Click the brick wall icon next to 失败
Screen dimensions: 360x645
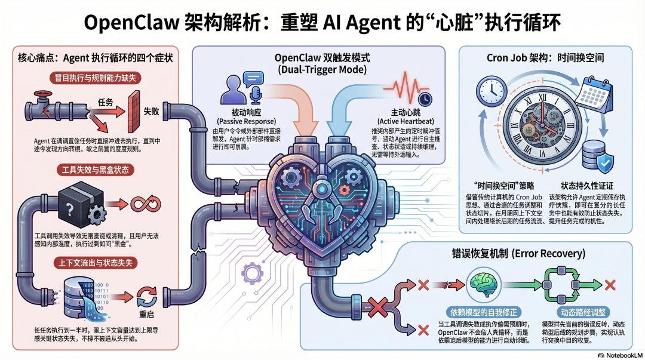coord(125,111)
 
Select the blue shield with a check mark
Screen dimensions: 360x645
coord(604,162)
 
